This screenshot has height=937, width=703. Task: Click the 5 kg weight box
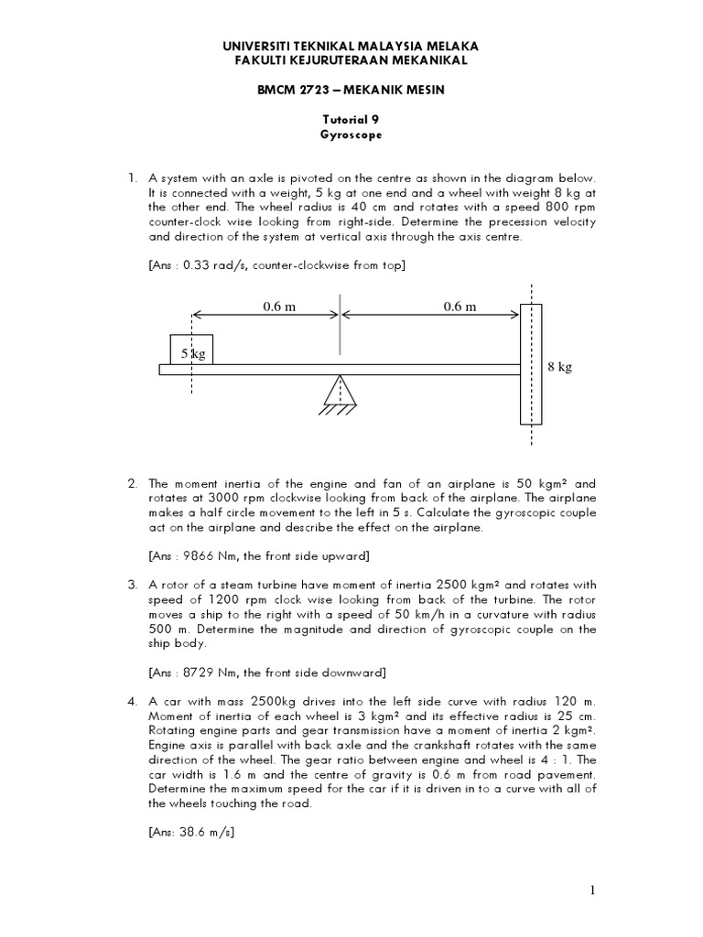pyautogui.click(x=191, y=350)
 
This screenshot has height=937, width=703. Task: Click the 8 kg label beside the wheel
pyautogui.click(x=559, y=367)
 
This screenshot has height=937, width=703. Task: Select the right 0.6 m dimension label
pyautogui.click(x=460, y=307)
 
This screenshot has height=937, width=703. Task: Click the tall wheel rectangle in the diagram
pyautogui.click(x=531, y=364)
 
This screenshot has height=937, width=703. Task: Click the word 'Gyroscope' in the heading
pyautogui.click(x=351, y=134)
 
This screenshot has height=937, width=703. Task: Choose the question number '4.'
pyautogui.click(x=133, y=701)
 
